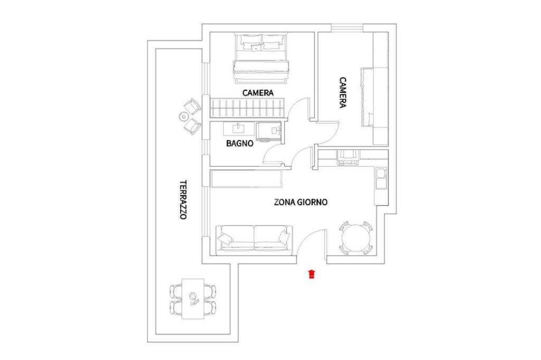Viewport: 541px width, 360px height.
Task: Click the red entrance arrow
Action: click(x=312, y=274)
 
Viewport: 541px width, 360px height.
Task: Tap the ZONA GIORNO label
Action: click(x=301, y=202)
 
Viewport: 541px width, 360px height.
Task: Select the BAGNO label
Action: click(x=240, y=143)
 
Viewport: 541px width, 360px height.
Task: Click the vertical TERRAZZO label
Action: click(x=183, y=200)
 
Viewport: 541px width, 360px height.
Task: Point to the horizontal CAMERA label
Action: click(x=258, y=93)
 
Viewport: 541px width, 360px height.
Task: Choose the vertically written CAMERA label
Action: click(x=342, y=92)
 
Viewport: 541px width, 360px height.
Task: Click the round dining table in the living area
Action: click(x=356, y=238)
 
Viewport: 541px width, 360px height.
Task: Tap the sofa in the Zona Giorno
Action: click(x=254, y=240)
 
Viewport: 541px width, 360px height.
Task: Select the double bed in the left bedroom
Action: click(x=261, y=58)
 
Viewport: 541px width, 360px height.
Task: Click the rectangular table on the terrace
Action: click(x=193, y=299)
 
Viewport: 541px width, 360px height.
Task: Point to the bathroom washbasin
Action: click(x=238, y=129)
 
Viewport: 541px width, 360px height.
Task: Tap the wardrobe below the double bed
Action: click(x=247, y=108)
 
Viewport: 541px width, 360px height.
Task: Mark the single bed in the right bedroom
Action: click(x=367, y=98)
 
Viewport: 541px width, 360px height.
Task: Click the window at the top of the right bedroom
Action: click(x=347, y=28)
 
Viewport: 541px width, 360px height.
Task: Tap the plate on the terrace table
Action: click(x=192, y=296)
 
